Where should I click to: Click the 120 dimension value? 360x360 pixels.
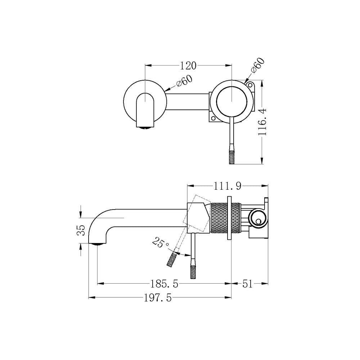coord(188,66)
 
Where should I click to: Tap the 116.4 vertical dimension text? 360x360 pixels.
coord(262,122)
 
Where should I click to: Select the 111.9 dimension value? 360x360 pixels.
coord(228,186)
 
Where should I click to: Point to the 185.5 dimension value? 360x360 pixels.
coord(164,284)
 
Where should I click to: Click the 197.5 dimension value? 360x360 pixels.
coord(158,298)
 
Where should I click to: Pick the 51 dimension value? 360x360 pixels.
coord(247,284)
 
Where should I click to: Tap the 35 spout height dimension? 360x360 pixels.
coord(81,230)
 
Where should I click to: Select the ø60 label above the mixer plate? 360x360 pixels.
coord(258,66)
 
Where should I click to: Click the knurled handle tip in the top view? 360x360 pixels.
coord(231,157)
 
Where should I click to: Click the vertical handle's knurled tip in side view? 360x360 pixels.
coord(193,271)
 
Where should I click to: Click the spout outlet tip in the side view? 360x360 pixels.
coord(97,244)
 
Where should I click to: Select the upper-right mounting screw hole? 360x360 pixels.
coord(250,86)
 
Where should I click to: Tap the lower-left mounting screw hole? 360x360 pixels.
coord(213,118)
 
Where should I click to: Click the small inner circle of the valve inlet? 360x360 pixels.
coord(258,222)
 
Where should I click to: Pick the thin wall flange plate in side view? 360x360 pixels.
coord(229,218)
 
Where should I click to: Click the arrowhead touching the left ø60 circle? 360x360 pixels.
coord(167,89)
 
